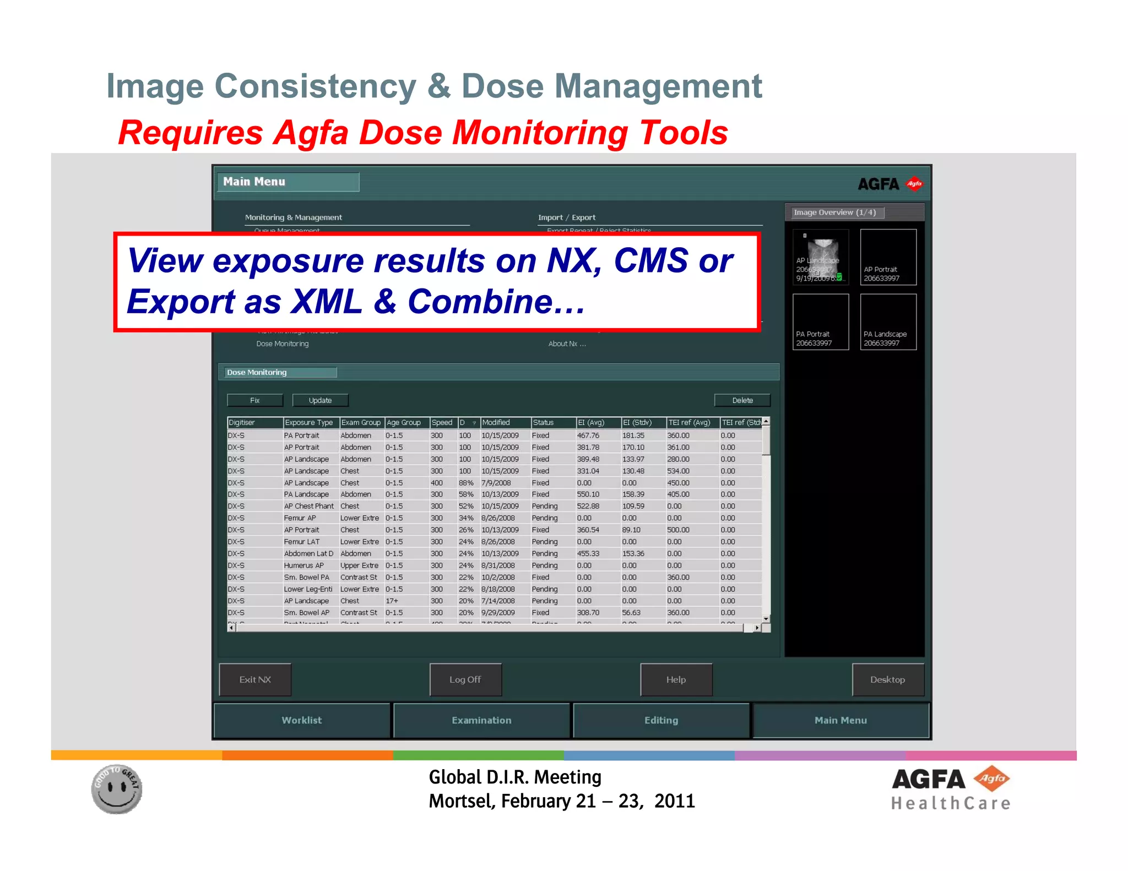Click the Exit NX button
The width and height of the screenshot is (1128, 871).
[x=255, y=679]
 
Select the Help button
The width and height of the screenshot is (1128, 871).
[x=676, y=679]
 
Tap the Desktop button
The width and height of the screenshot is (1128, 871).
[x=887, y=679]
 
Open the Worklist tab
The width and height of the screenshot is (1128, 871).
[x=302, y=720]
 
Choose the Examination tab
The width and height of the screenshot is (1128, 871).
[x=481, y=720]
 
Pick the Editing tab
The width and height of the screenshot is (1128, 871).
[x=661, y=720]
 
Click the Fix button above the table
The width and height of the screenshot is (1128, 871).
[x=255, y=400]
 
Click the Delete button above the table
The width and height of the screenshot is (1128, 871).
[x=742, y=400]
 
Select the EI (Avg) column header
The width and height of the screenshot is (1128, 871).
[x=590, y=422]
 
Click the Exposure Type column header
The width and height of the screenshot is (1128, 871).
[x=309, y=422]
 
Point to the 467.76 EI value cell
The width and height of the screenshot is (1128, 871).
[x=588, y=435]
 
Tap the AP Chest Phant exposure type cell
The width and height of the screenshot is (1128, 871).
[x=308, y=506]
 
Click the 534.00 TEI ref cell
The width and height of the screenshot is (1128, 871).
[x=678, y=471]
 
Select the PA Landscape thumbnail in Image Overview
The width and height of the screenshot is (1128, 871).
[x=888, y=322]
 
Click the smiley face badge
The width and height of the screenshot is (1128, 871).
[x=117, y=788]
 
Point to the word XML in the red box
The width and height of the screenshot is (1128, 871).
[x=327, y=302]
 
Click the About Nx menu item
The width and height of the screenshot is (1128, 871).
[x=567, y=344]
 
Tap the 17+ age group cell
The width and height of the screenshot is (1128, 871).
[x=392, y=601]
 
